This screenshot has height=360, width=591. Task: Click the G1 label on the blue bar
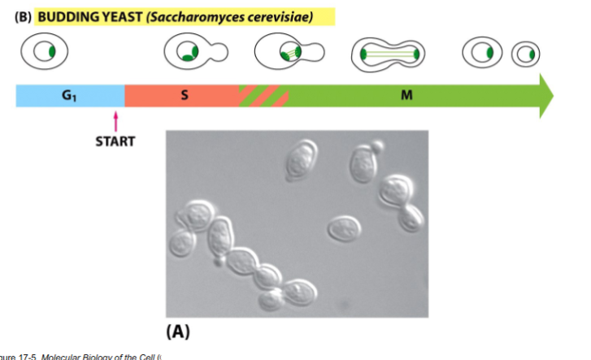click(x=68, y=95)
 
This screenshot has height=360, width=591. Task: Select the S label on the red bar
click(x=184, y=95)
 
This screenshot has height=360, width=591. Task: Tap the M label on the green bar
click(x=406, y=95)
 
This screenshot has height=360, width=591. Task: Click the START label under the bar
click(x=115, y=141)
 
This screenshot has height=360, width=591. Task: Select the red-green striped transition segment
click(x=263, y=95)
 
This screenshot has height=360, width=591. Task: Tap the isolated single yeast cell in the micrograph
click(x=344, y=228)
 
